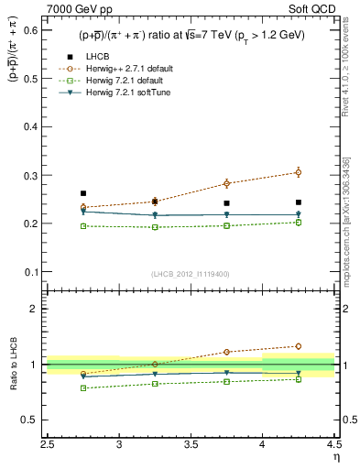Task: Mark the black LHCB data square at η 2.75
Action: [x=83, y=193]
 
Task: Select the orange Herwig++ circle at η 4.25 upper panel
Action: [x=298, y=172]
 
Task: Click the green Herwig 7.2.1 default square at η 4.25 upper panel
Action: [x=298, y=222]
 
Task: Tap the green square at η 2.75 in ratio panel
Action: [x=83, y=388]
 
